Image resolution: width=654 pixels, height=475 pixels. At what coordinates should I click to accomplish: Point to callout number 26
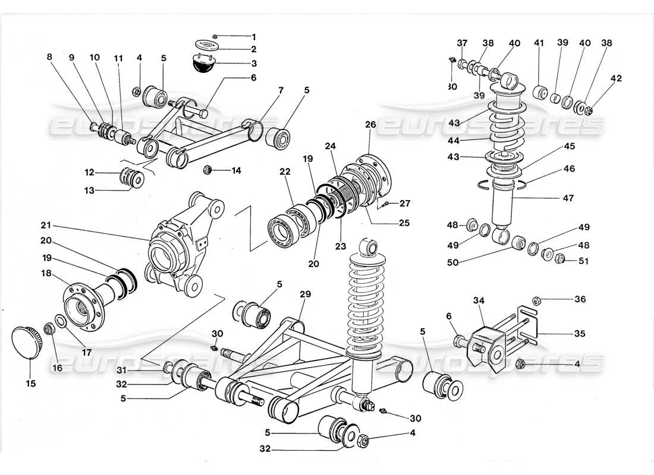point(370,125)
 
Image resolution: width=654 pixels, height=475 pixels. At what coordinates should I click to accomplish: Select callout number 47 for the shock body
point(568,198)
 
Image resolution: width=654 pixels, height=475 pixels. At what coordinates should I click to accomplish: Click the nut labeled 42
point(588,110)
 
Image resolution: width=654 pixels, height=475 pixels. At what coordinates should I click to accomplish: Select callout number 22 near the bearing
point(285,172)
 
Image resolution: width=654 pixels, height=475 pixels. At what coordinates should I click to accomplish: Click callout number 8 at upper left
point(49,58)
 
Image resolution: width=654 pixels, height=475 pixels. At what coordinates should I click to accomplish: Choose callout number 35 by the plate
point(580,334)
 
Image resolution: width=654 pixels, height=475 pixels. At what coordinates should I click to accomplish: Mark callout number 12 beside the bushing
point(89,173)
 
